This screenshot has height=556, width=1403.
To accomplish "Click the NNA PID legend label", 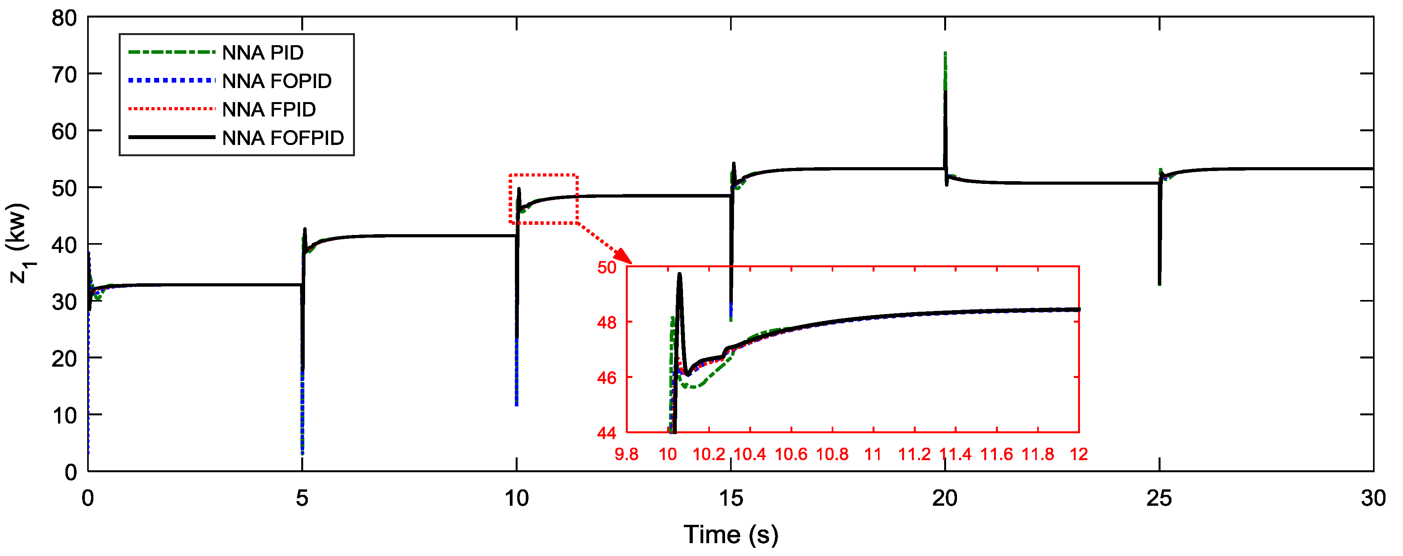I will [263, 53].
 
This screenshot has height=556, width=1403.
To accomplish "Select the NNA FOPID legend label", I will [277, 81].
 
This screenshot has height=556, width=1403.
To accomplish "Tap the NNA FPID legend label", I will [269, 109].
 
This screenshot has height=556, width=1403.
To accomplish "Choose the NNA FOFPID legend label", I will [283, 138].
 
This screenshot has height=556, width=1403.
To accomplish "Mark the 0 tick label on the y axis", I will [71, 472].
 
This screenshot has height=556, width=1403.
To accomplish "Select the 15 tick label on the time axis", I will [730, 498].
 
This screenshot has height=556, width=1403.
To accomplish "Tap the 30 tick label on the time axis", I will [1373, 498].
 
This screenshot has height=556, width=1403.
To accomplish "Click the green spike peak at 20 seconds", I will [945, 53].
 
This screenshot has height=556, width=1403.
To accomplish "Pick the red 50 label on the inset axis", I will [607, 268].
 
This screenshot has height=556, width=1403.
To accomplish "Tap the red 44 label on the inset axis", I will [607, 433].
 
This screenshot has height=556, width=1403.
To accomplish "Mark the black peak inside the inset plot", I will [679, 274].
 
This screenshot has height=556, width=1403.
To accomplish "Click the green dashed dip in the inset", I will [694, 387].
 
